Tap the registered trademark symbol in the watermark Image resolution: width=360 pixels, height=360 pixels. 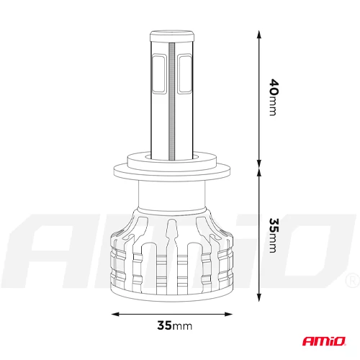(x=350, y=279)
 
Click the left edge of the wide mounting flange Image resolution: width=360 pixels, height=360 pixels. (x=115, y=171)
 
